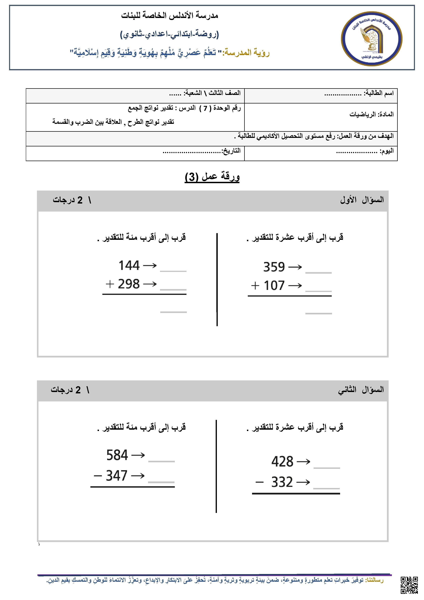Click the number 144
pos(129,265)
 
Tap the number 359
pos(274,267)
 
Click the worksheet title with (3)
pos(212,177)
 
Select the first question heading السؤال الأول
pos(362,200)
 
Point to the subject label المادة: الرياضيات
pos(372,114)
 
